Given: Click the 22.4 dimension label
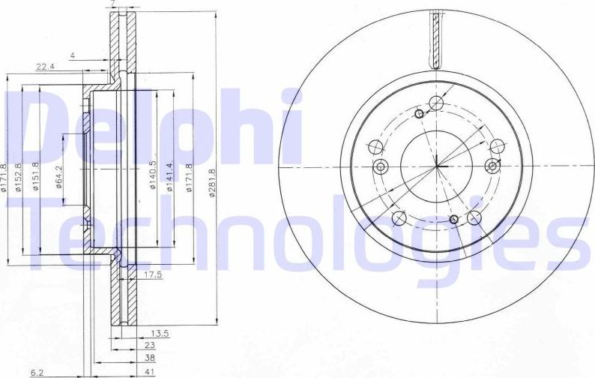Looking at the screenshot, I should tap(46, 67).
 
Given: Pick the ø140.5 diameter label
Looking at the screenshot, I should tap(152, 176).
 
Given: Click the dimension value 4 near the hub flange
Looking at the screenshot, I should tap(72, 55).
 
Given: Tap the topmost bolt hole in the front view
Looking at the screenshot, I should tap(436, 105).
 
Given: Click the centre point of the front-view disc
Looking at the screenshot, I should tap(436, 166).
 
